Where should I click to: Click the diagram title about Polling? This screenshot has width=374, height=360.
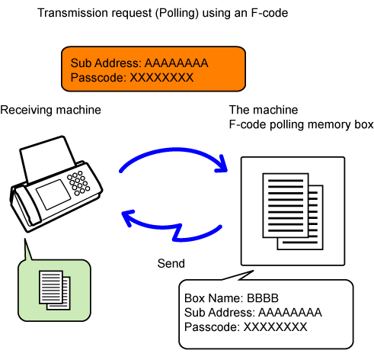(163, 13)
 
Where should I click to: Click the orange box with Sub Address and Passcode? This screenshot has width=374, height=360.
(153, 69)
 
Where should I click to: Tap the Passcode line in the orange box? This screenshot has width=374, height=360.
(132, 78)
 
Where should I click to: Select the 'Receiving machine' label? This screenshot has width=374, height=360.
(50, 110)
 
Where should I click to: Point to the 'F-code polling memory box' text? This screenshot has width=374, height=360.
(301, 124)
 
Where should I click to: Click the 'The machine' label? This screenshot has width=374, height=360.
(264, 110)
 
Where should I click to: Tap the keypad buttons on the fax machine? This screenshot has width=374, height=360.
(78, 183)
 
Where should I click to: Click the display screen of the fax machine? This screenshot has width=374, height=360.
(53, 194)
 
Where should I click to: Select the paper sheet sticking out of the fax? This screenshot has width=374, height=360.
(47, 159)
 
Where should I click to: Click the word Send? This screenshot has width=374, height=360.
(171, 263)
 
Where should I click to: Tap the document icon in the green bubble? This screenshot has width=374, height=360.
(55, 290)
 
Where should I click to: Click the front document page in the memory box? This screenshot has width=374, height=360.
(286, 205)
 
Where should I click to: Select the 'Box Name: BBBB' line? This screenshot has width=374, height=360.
(232, 298)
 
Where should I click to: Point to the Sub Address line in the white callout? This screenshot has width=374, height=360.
(253, 313)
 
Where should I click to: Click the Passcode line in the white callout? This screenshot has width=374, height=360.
(245, 327)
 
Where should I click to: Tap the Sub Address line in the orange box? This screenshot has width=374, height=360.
(139, 63)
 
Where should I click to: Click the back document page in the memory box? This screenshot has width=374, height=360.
(315, 229)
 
